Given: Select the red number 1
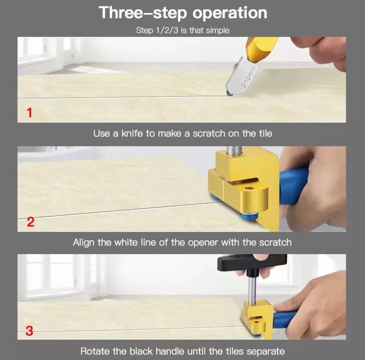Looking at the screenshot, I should click(x=30, y=113).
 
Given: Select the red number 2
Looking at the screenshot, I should click(x=31, y=223).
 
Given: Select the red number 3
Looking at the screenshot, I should click(x=30, y=331).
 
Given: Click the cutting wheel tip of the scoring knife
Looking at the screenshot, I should click(x=228, y=93).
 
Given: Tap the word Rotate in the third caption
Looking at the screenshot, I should click(x=95, y=351).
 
